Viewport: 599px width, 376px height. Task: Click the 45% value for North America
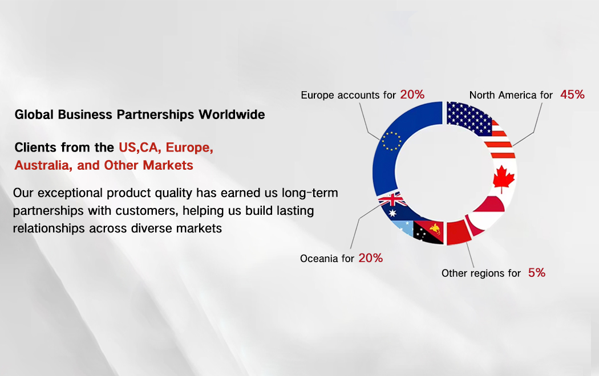point(572,94)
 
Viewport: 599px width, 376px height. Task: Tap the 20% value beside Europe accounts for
point(412,94)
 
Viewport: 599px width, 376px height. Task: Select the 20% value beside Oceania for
point(371,258)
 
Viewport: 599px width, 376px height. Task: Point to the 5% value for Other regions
point(537,272)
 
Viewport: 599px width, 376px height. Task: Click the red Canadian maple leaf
point(504,178)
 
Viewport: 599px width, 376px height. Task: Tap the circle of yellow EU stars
point(391,141)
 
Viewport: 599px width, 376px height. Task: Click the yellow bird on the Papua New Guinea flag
point(435,228)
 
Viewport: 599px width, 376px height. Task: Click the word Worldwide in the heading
point(232,115)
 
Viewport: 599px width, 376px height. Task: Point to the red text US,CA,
point(140,147)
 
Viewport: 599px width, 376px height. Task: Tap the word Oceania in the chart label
point(319,259)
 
